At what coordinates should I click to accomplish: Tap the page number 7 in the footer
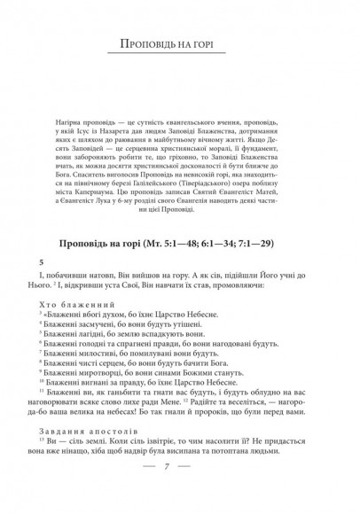click(180, 491)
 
